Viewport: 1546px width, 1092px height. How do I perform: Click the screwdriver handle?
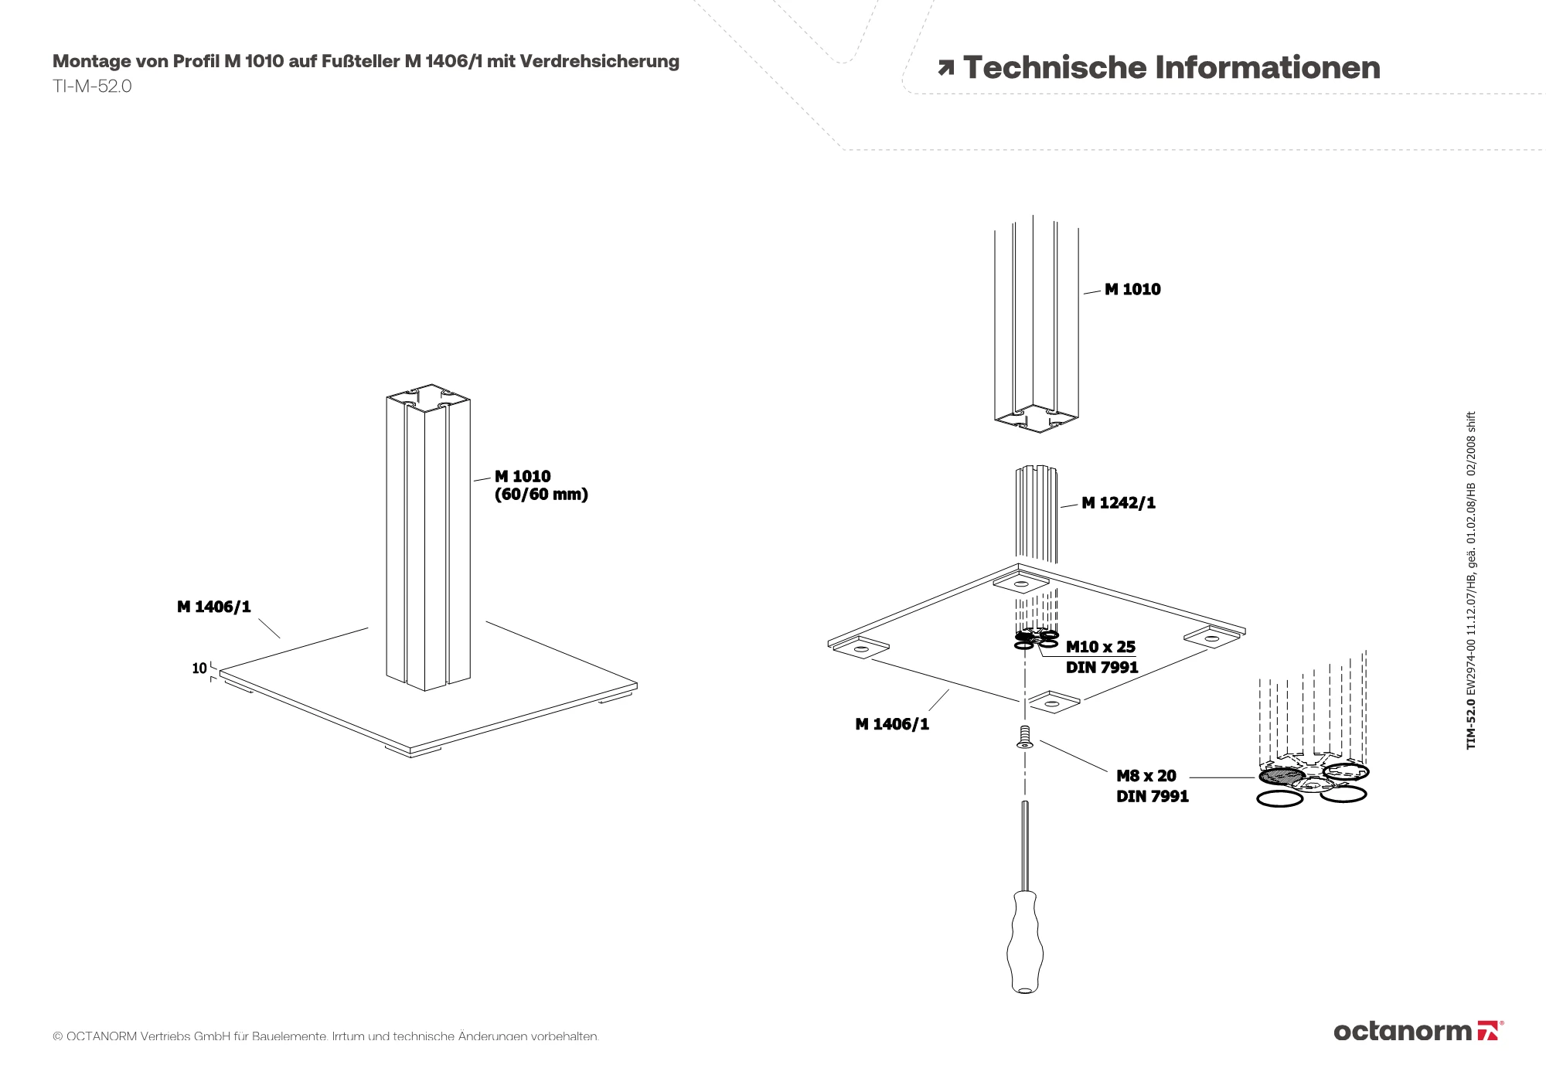click(x=1025, y=943)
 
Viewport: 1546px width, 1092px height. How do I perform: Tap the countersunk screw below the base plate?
click(x=1025, y=737)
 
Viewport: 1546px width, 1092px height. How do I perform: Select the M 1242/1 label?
click(x=1119, y=503)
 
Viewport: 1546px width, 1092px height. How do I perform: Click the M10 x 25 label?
click(x=1101, y=647)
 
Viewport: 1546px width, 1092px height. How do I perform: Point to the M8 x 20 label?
click(x=1146, y=776)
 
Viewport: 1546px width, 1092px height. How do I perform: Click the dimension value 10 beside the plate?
click(x=199, y=668)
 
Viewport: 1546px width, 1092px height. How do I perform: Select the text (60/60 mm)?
click(x=541, y=495)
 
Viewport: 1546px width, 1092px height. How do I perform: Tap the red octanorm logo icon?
click(x=1488, y=1031)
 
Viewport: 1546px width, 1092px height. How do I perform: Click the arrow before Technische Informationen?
click(x=945, y=69)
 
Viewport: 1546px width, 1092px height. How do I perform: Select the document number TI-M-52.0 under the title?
click(x=92, y=87)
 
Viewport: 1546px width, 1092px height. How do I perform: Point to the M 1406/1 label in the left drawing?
click(x=214, y=607)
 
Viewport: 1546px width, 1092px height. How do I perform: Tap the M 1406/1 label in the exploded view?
click(x=892, y=724)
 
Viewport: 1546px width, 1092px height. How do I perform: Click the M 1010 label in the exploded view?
click(x=1132, y=290)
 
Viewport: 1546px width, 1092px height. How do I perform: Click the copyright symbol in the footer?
click(x=57, y=1036)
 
